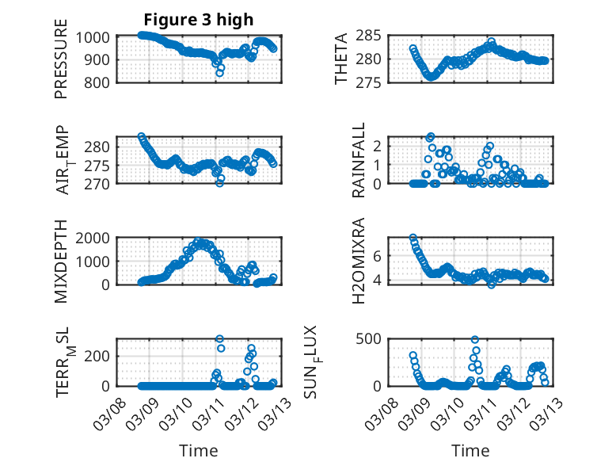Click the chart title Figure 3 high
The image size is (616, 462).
[x=199, y=20]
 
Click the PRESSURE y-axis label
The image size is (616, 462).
[x=61, y=64]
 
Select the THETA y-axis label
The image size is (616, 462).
[x=341, y=59]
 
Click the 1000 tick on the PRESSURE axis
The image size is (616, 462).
[x=97, y=36]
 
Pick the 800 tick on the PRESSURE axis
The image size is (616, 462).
[x=101, y=82]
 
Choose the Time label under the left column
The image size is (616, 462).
[x=198, y=450]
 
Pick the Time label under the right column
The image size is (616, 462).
[x=470, y=450]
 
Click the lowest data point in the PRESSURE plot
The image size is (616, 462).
[x=220, y=73]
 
